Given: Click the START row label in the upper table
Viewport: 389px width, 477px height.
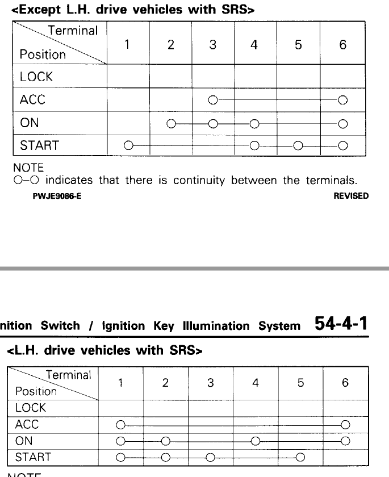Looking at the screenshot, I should [x=39, y=146].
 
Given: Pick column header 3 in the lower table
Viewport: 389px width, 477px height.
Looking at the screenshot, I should [x=210, y=383].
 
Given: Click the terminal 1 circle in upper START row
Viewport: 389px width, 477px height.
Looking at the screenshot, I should [x=129, y=146].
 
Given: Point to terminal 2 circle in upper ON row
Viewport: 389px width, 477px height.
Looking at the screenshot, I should [x=170, y=123].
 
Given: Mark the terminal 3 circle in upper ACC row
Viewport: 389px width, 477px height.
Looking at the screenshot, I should [x=212, y=101].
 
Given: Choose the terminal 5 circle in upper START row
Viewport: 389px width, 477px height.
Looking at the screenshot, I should [x=297, y=146].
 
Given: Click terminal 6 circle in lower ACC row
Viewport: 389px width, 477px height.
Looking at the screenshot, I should [x=345, y=424].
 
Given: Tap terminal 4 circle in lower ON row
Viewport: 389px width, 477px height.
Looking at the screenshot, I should [x=255, y=441].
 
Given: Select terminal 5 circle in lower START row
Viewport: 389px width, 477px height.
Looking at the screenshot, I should [x=300, y=457].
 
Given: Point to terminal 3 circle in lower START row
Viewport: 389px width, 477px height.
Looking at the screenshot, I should [x=210, y=457].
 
